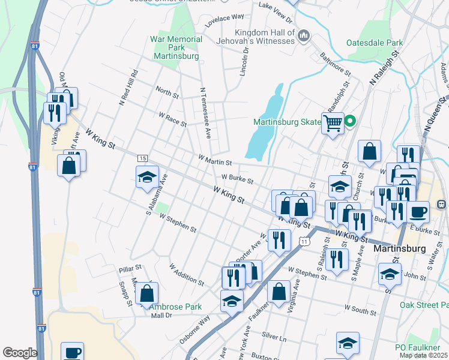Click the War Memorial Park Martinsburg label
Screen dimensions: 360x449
tap(174, 47)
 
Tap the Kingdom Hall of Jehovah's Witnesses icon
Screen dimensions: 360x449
tap(304, 37)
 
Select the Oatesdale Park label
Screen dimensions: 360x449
tap(375, 43)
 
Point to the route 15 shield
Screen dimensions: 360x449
tap(142, 158)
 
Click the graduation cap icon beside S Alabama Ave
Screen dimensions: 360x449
tap(147, 177)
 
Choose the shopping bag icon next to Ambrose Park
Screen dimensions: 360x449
tap(146, 293)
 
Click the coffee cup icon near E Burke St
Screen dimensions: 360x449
tap(418, 211)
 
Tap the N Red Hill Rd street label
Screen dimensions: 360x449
tap(128, 88)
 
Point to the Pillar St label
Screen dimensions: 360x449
tap(130, 267)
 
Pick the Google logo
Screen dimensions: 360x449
tap(20, 353)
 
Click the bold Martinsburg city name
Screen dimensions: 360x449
tap(399, 248)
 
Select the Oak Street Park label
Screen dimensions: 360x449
tap(424, 304)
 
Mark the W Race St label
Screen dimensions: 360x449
tap(172, 119)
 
